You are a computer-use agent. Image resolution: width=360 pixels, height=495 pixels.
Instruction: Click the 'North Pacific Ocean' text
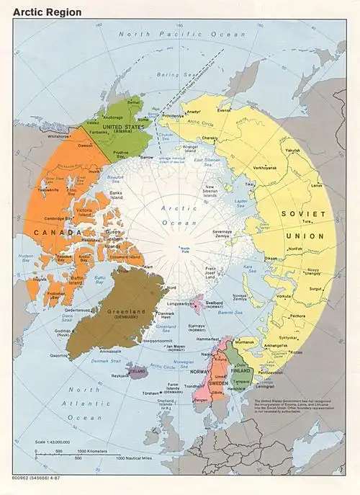pos(173,34)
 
